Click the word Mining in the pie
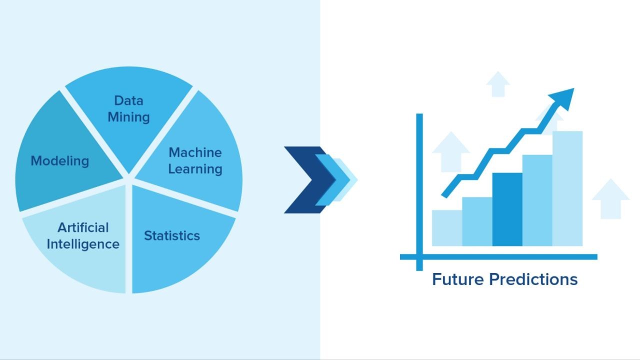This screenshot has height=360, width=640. [x=128, y=117]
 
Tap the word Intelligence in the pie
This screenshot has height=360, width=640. [x=83, y=244]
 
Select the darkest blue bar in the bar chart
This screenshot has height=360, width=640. [x=507, y=210]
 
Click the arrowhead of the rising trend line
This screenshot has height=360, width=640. [x=563, y=96]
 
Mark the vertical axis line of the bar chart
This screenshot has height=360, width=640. [x=419, y=190]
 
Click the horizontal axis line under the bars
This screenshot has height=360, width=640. [x=500, y=257]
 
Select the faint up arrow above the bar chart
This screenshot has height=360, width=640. [x=497, y=84]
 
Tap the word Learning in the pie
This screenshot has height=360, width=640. [x=195, y=169]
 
